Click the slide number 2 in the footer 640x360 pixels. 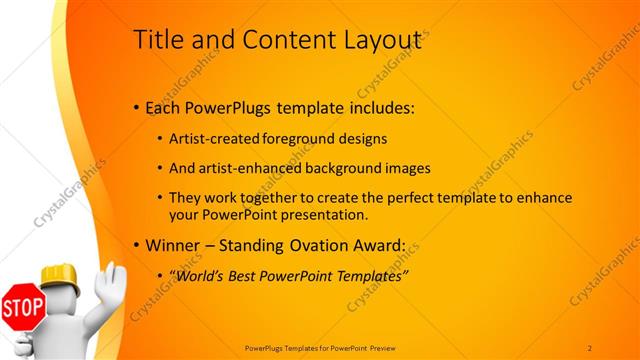[590, 347]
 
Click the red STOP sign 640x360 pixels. [22, 307]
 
